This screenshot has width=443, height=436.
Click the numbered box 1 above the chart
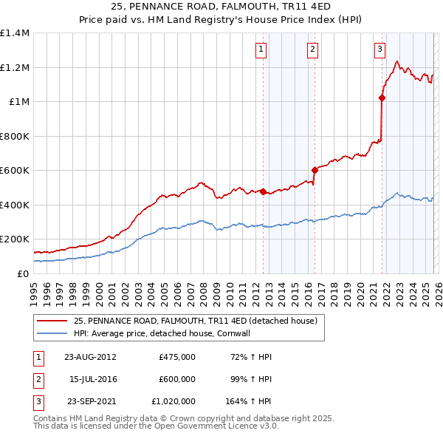pos(262,50)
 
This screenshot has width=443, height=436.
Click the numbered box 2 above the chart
pos(312,50)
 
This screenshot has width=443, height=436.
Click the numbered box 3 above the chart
pos(380,50)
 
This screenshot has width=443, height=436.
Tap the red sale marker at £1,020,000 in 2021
pos(382,98)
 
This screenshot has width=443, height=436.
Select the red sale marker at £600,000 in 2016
pos(315,170)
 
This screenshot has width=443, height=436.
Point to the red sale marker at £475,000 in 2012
pos(263,191)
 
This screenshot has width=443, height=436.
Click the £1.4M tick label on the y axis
pos(15,33)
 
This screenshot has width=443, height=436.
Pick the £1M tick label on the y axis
pos(18,102)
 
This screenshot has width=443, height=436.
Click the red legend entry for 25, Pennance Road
pos(195,321)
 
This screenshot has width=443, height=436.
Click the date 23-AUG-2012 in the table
pos(90,357)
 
